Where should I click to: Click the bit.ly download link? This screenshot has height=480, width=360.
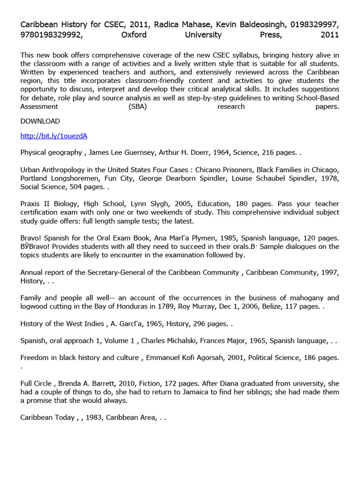54,136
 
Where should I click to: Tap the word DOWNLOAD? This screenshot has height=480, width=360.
40,121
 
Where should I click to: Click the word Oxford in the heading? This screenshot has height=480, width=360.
134,35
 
